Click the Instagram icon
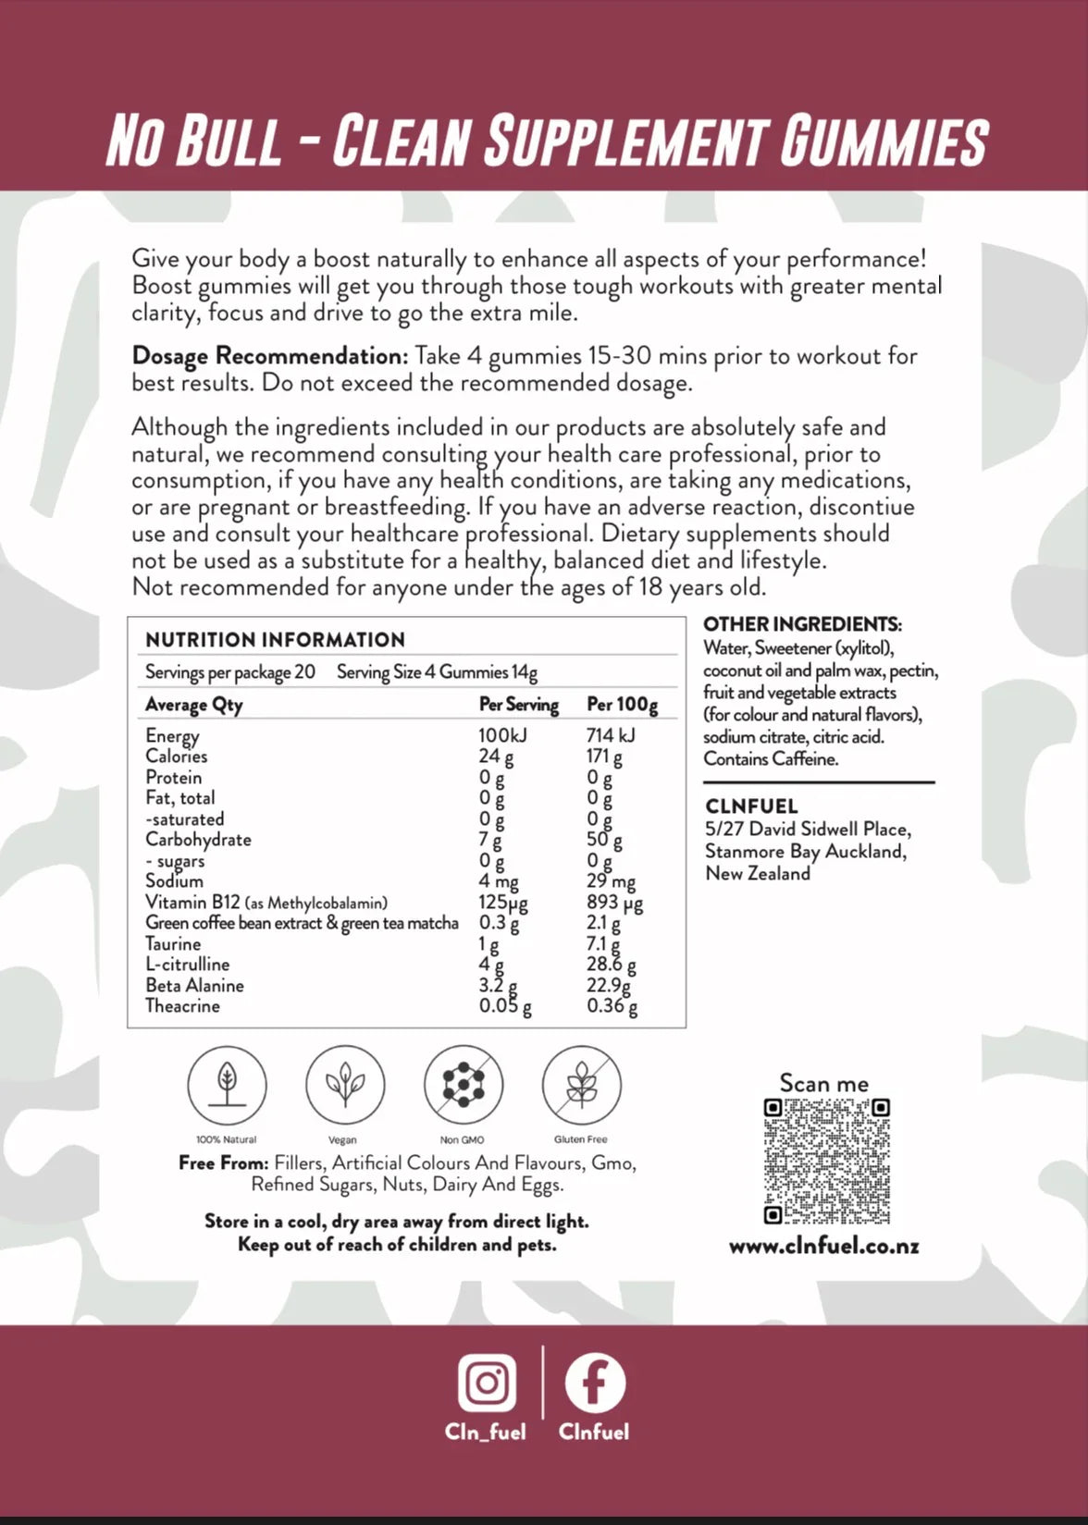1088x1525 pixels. click(x=487, y=1384)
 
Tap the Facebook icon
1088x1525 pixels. click(x=594, y=1384)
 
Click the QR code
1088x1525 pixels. click(x=826, y=1161)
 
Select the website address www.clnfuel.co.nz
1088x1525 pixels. click(x=823, y=1246)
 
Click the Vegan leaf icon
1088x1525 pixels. click(x=344, y=1085)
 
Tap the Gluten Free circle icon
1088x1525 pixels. click(x=581, y=1085)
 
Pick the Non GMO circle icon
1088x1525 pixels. click(x=463, y=1085)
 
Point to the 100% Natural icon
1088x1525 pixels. click(x=227, y=1085)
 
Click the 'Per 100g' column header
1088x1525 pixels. click(x=622, y=705)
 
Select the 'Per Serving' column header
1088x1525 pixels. click(x=518, y=705)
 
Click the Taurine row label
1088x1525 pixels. click(x=173, y=943)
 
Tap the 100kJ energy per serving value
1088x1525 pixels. click(x=502, y=735)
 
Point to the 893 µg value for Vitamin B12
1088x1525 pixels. click(x=613, y=902)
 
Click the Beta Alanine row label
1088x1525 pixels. click(x=194, y=985)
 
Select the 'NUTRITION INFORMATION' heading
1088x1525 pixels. click(x=275, y=640)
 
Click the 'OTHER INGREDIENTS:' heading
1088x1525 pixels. click(x=802, y=624)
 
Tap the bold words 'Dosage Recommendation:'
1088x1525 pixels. click(x=269, y=356)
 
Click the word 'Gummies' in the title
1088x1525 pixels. click(x=884, y=141)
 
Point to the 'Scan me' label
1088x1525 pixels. click(x=823, y=1083)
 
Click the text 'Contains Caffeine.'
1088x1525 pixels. click(x=771, y=759)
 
